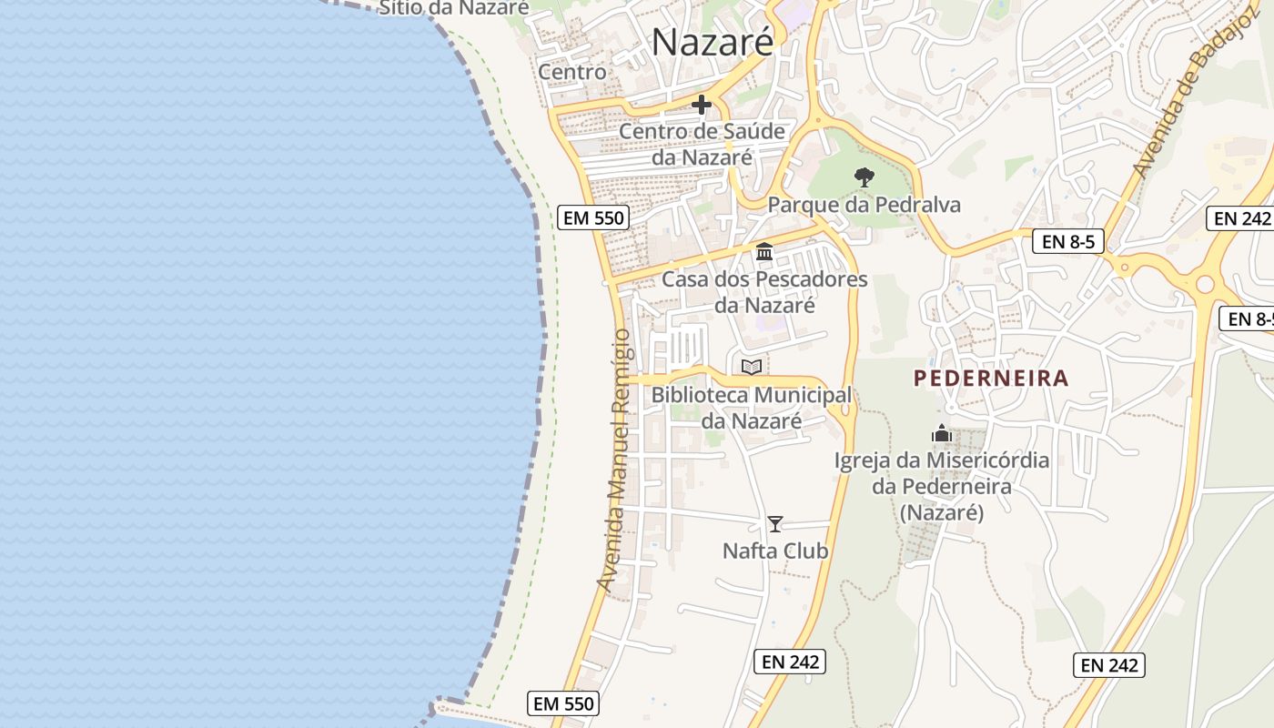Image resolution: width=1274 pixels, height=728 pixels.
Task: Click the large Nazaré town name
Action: [713, 42]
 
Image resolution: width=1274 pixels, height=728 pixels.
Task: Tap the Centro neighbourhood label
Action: [571, 71]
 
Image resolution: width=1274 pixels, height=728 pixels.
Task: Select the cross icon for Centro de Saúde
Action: [701, 106]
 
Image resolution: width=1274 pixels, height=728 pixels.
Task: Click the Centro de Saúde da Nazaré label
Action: [702, 144]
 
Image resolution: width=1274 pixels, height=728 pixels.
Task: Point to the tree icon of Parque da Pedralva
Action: [864, 177]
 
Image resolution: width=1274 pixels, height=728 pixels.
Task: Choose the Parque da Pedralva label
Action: [864, 205]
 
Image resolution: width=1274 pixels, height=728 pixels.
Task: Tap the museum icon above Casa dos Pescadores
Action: [764, 252]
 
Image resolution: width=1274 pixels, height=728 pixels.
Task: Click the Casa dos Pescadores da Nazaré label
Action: [764, 292]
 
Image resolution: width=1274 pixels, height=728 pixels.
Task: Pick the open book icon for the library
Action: [751, 368]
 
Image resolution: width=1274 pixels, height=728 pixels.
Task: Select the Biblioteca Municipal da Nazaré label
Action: [752, 408]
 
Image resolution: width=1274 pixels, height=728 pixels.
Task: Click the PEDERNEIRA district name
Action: [991, 378]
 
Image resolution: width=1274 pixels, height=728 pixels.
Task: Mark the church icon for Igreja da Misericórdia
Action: [942, 434]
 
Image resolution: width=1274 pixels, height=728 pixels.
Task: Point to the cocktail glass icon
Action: [775, 524]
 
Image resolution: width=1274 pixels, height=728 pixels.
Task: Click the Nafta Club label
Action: [775, 551]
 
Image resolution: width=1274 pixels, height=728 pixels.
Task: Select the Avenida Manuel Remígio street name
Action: [612, 460]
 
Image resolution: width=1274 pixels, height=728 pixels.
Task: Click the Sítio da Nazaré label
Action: [453, 7]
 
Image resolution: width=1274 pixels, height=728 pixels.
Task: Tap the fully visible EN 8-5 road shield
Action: [1068, 242]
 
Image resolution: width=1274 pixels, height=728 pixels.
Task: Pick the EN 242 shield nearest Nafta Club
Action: [790, 662]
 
